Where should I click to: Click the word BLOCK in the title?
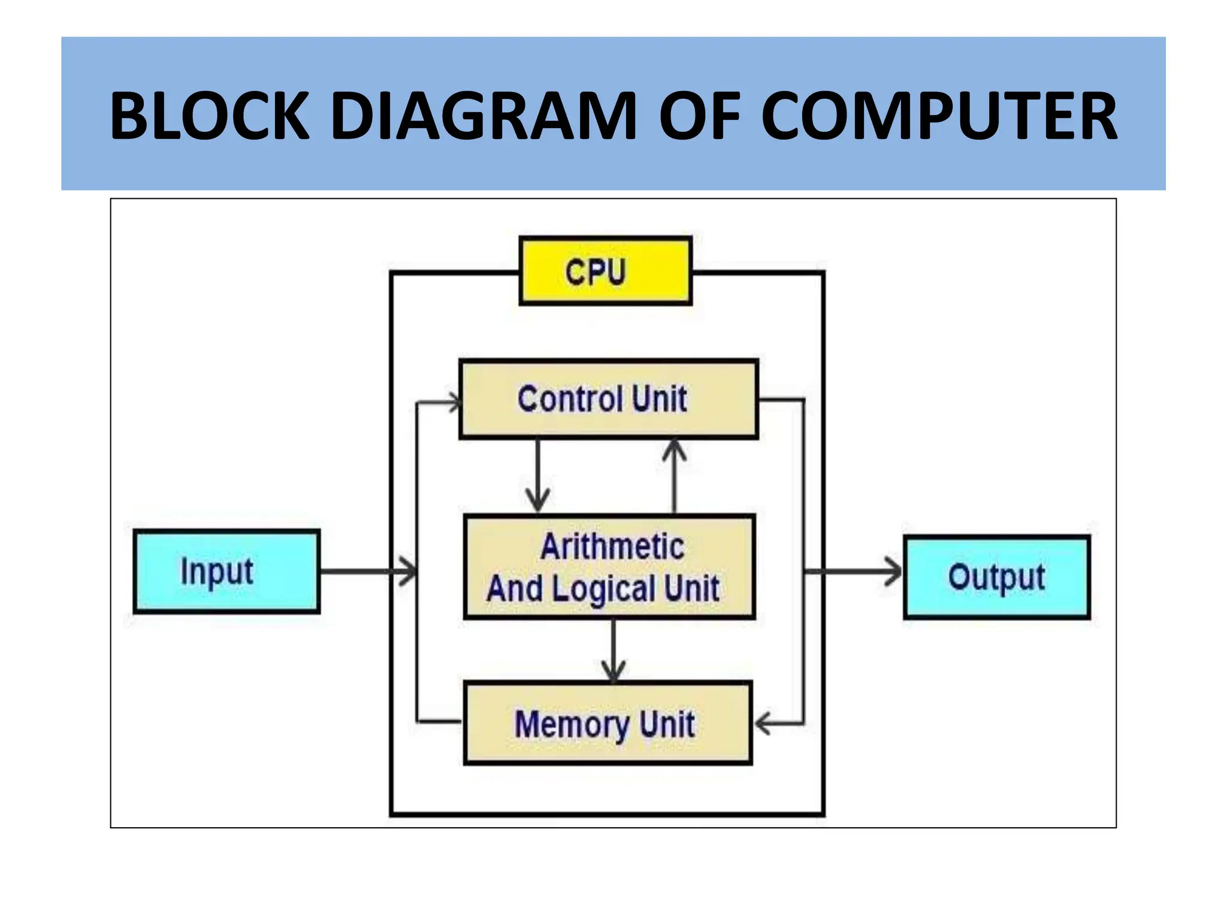[x=210, y=116]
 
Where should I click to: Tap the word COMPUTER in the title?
[x=939, y=116]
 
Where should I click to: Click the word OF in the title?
[x=700, y=116]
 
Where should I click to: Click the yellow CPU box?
[x=606, y=271]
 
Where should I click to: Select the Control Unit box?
[x=608, y=400]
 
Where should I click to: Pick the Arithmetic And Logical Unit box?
[x=609, y=567]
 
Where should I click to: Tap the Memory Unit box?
[x=608, y=723]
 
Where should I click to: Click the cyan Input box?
[x=226, y=571]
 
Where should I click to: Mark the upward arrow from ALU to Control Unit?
[x=675, y=476]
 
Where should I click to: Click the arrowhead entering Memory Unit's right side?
[x=762, y=724]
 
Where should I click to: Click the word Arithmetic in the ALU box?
[x=612, y=546]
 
